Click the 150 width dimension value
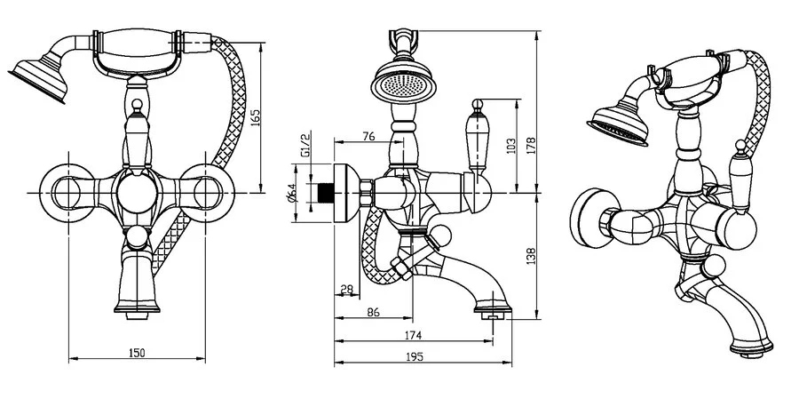pyautogui.click(x=136, y=353)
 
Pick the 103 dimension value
pyautogui.click(x=510, y=145)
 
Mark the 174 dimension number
pyautogui.click(x=413, y=335)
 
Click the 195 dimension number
pyautogui.click(x=413, y=356)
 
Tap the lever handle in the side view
pyautogui.click(x=479, y=142)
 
